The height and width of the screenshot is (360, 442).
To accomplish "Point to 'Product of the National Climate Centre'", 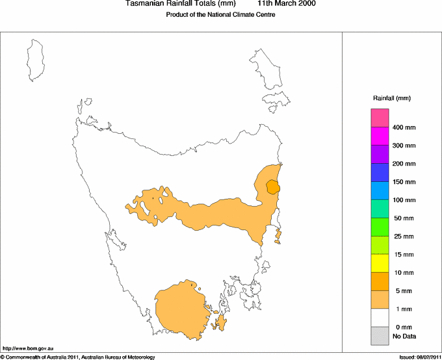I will (x=215, y=15).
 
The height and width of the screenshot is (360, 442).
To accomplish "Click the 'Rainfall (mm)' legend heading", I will (x=392, y=98).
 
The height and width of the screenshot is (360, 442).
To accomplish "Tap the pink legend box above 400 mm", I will (x=380, y=118).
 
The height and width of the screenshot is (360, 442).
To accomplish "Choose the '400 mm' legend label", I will (x=404, y=127).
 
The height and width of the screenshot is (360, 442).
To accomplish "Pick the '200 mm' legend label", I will (x=404, y=164).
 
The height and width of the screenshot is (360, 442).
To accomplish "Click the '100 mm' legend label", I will (x=404, y=200).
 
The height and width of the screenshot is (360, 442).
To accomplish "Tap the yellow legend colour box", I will (x=380, y=263).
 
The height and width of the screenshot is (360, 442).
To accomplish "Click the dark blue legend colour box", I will (x=380, y=172).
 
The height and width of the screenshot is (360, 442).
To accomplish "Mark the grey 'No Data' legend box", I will (x=380, y=336).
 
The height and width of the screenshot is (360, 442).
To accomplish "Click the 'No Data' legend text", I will (x=404, y=336).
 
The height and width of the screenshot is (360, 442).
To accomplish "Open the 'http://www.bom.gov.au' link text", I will (x=28, y=350).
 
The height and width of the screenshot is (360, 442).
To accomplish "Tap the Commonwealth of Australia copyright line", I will (x=78, y=357).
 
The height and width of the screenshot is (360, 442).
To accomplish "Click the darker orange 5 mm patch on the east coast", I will (x=274, y=187).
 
